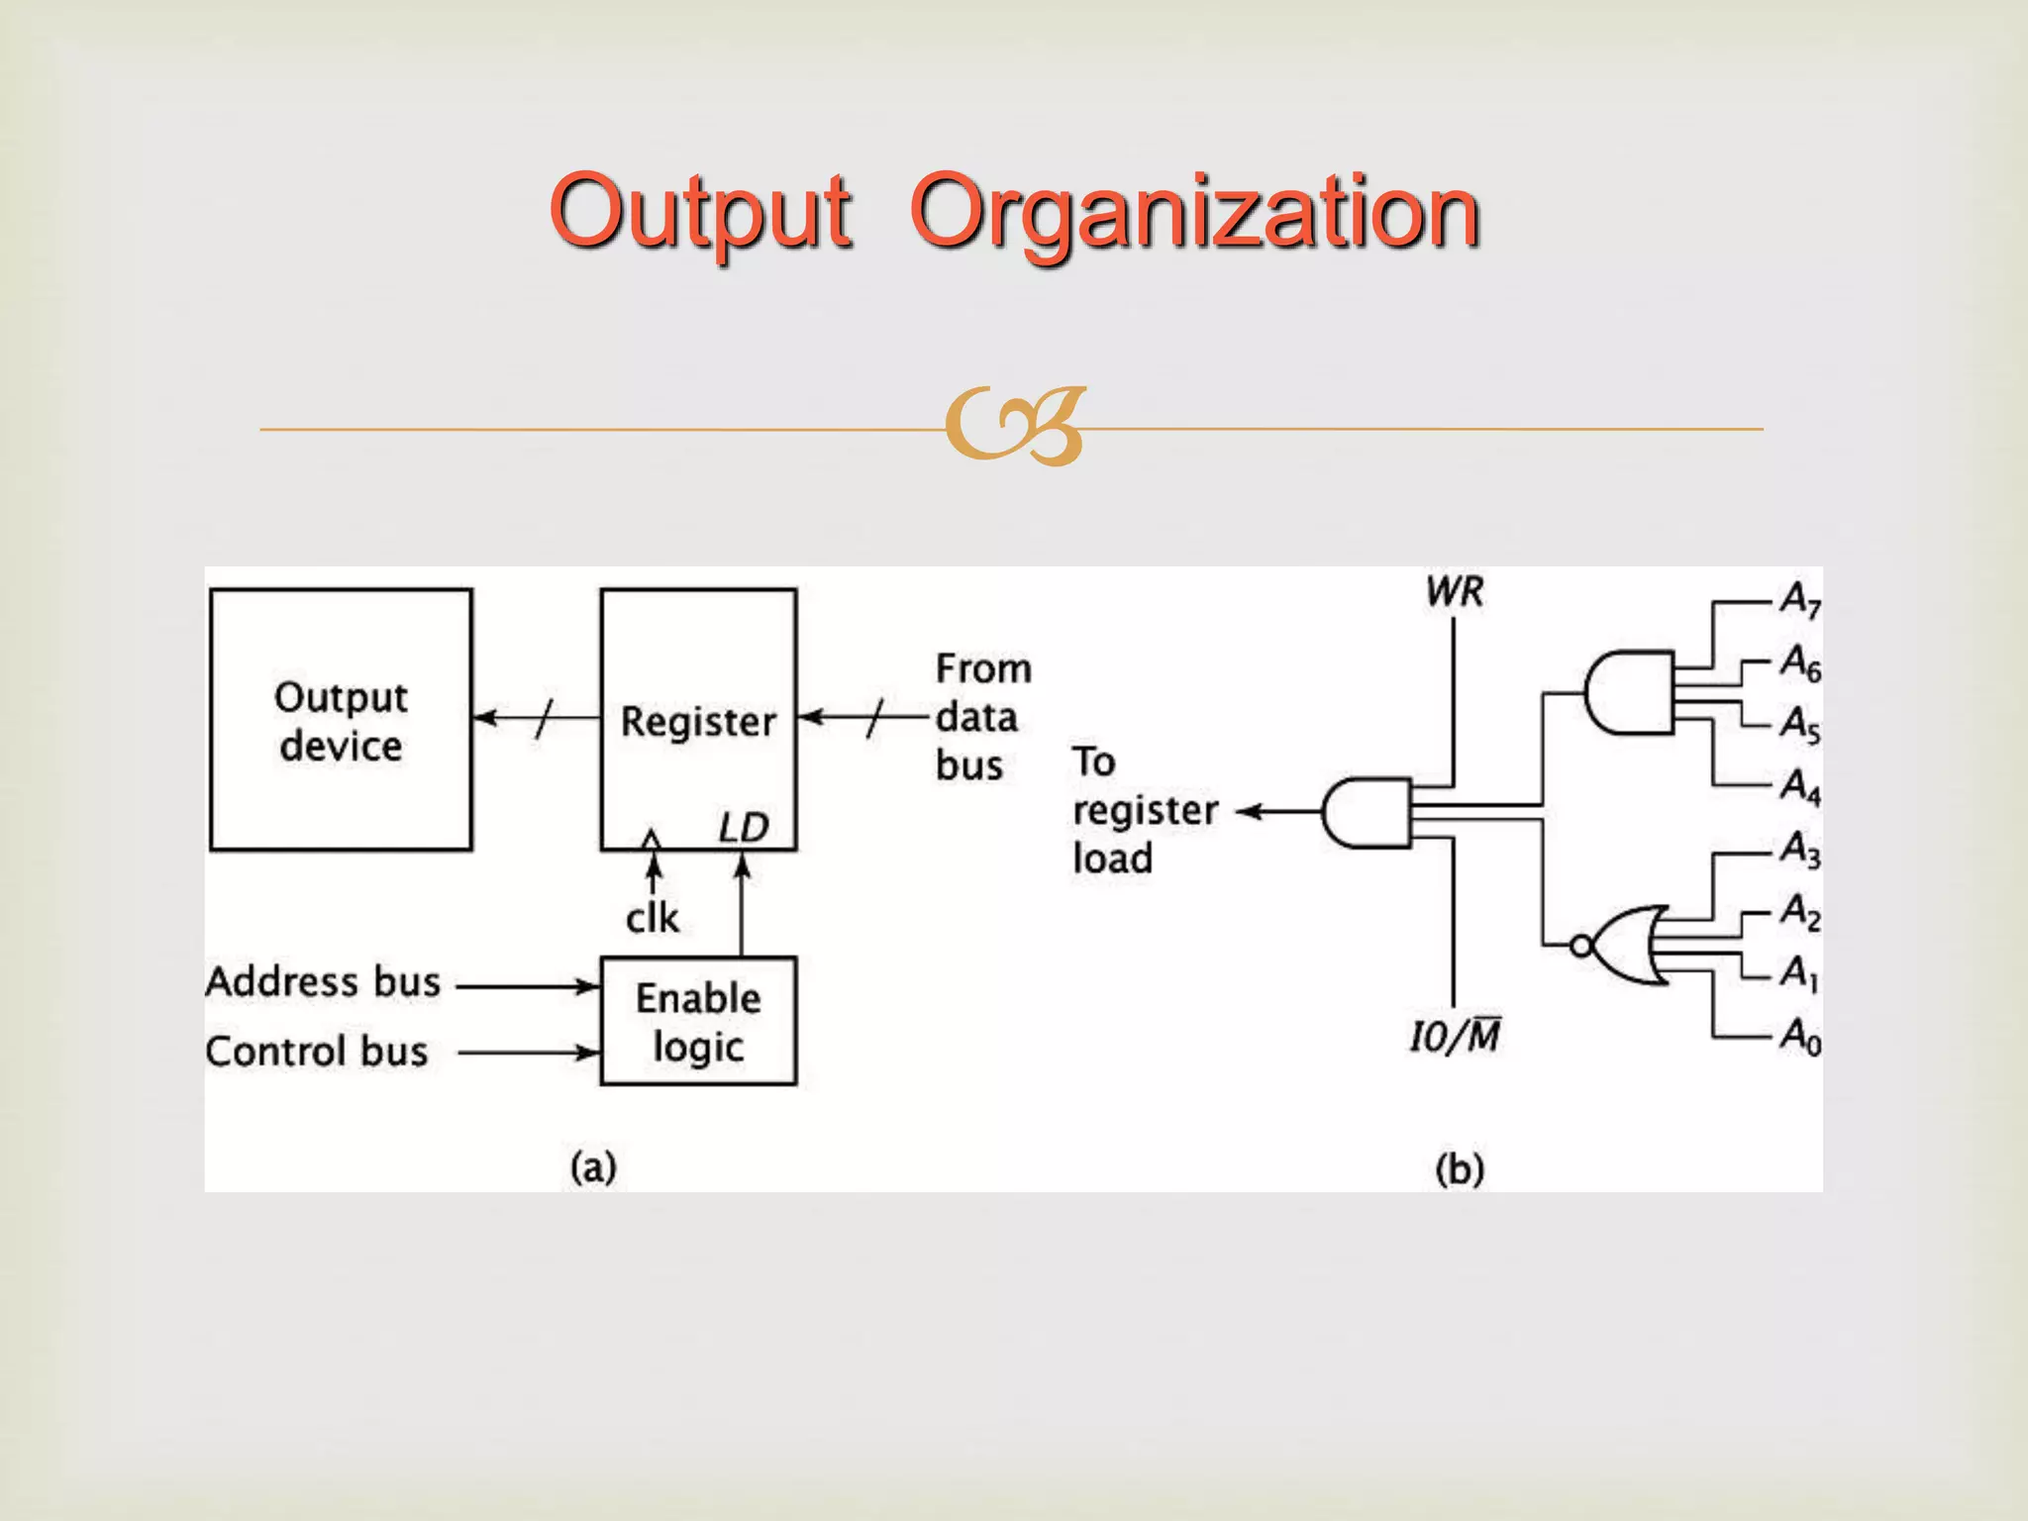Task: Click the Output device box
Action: point(341,720)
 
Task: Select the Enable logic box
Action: point(698,1021)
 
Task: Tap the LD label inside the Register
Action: point(744,828)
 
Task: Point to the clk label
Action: point(653,918)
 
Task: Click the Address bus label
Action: point(323,982)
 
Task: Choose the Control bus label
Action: point(317,1052)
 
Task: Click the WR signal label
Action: point(1455,592)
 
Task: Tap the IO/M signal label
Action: point(1455,1037)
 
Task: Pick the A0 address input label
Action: point(1800,1037)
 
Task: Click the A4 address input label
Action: point(1800,787)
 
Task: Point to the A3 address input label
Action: point(1800,850)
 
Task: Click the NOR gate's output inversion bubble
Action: point(1581,946)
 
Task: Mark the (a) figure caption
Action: point(593,1166)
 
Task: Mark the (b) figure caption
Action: point(1460,1169)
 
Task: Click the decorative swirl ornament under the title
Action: point(1015,427)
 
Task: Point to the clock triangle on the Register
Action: point(651,840)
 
